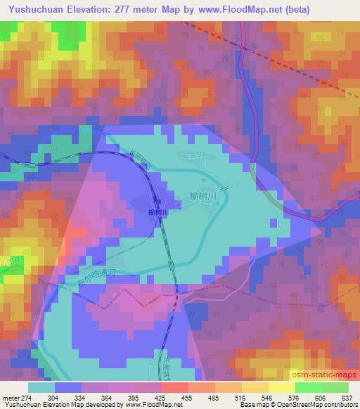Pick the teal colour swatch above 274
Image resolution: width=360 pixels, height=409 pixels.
[41, 387]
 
